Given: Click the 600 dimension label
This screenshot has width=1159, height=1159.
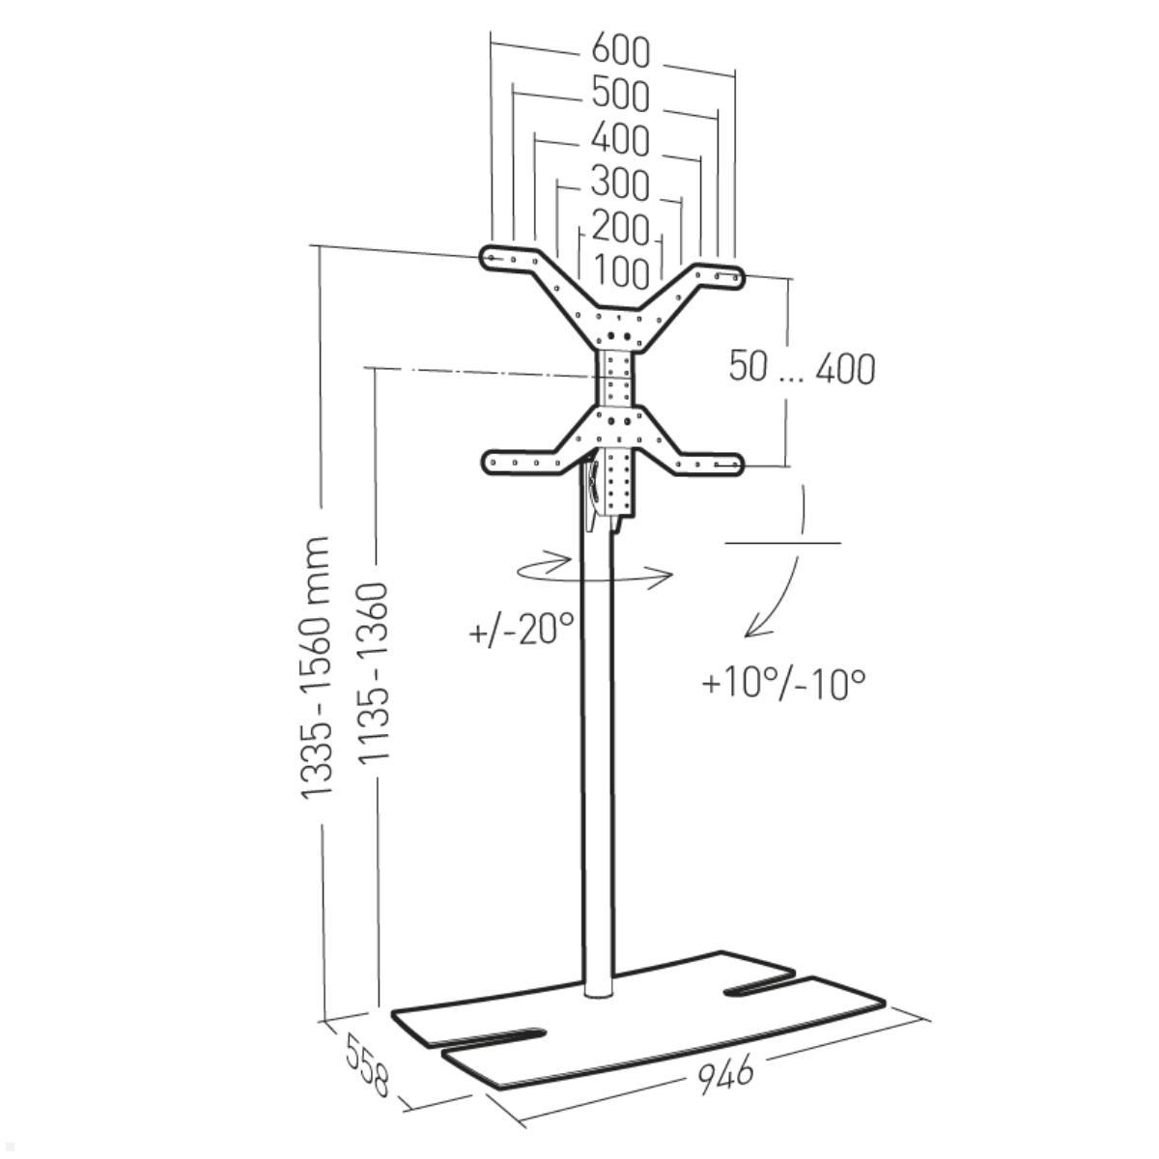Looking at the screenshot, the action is pyautogui.click(x=621, y=51).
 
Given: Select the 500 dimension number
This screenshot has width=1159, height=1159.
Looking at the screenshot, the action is pyautogui.click(x=621, y=95).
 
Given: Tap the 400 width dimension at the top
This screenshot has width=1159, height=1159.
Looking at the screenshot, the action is pyautogui.click(x=621, y=139).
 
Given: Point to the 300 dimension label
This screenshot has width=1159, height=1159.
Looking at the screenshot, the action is pyautogui.click(x=621, y=184).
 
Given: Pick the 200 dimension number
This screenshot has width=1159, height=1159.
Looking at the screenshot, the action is pyautogui.click(x=621, y=228).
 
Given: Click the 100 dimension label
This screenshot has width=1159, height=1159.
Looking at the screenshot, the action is pyautogui.click(x=622, y=271).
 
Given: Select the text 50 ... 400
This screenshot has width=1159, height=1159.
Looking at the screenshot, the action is pyautogui.click(x=802, y=367).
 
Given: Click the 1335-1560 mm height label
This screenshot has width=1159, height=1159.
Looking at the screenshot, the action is pyautogui.click(x=316, y=667).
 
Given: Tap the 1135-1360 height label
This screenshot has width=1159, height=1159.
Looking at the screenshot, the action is pyautogui.click(x=374, y=672).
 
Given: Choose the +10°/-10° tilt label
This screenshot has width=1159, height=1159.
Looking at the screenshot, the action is pyautogui.click(x=783, y=684).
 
